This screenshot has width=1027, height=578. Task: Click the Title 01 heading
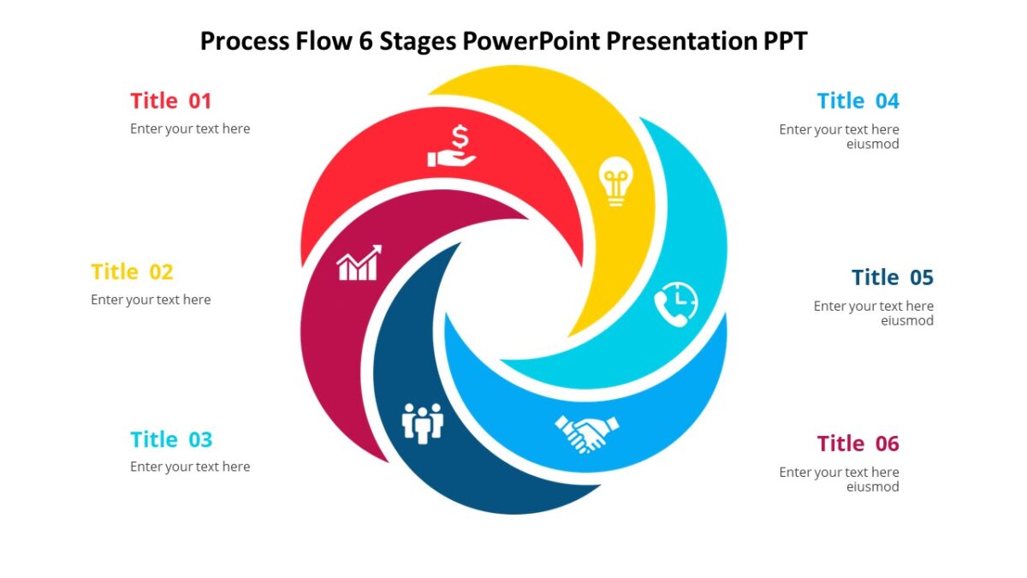tap(170, 101)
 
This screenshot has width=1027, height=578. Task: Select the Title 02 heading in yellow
tap(132, 272)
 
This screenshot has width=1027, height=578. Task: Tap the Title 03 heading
tap(170, 440)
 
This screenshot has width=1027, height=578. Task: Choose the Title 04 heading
tap(858, 101)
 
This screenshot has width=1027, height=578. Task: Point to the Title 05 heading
tap(892, 277)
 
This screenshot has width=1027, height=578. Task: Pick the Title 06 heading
tap(858, 444)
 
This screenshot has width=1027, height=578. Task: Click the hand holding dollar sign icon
tap(452, 146)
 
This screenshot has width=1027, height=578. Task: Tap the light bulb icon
tap(615, 181)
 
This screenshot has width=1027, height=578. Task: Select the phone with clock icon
tap(676, 304)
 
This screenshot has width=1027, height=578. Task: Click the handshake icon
tap(587, 432)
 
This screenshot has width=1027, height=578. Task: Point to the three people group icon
tap(423, 423)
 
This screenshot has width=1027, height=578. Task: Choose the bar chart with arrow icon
tap(359, 264)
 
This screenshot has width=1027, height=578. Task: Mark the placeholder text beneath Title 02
tap(151, 300)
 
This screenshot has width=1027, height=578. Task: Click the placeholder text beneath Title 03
tap(190, 467)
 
